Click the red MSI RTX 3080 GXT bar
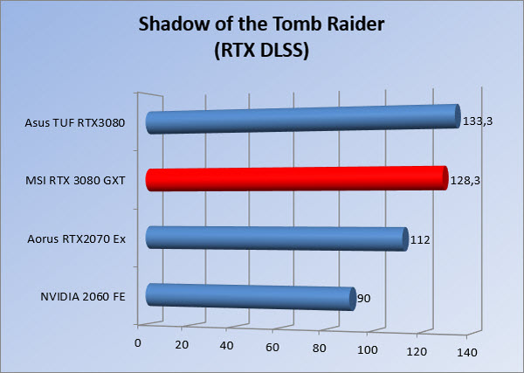[297, 178]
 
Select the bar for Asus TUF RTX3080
[303, 119]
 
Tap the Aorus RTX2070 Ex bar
[277, 238]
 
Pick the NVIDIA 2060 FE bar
[251, 297]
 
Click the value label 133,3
[478, 121]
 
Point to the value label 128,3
[465, 181]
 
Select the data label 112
[420, 239]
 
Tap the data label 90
[364, 298]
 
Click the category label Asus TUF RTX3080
[75, 122]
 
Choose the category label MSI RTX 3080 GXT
[75, 181]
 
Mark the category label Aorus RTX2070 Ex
[77, 239]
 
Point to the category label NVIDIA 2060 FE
[83, 296]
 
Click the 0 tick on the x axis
[137, 343]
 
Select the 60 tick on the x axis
[272, 348]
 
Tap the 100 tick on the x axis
[368, 350]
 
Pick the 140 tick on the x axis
[467, 353]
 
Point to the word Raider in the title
[358, 24]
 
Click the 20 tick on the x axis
[182, 344]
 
